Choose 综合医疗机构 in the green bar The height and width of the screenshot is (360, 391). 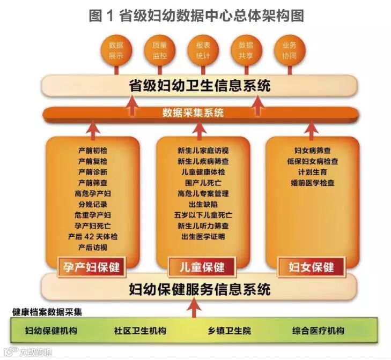[x=319, y=331]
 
